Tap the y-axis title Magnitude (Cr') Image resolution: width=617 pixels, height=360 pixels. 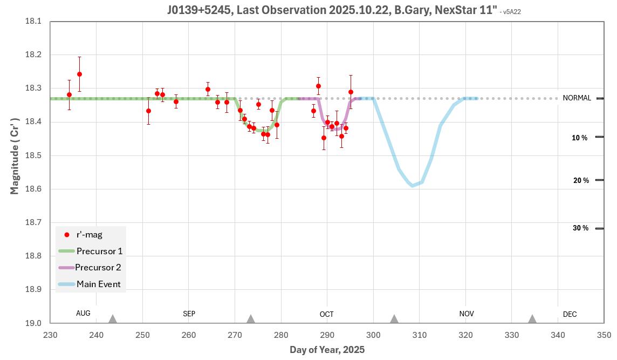pyautogui.click(x=15, y=155)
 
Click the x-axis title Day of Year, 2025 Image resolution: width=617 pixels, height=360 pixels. pyautogui.click(x=327, y=350)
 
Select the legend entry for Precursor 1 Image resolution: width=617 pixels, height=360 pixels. pyautogui.click(x=99, y=251)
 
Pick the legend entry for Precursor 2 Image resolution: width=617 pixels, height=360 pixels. pyautogui.click(x=98, y=267)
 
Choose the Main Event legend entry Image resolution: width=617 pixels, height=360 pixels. pyautogui.click(x=98, y=284)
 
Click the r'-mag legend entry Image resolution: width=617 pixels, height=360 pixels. pyautogui.click(x=89, y=234)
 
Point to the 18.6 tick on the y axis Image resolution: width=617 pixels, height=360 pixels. pyautogui.click(x=33, y=189)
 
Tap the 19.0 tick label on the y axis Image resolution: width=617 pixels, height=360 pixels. pyautogui.click(x=33, y=323)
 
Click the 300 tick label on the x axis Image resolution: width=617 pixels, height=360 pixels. pyautogui.click(x=373, y=335)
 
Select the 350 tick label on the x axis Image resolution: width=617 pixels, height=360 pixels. pyautogui.click(x=604, y=335)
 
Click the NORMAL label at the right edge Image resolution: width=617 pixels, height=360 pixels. pyautogui.click(x=577, y=98)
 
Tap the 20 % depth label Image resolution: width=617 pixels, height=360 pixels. pyautogui.click(x=581, y=180)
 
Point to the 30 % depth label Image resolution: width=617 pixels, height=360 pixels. pyautogui.click(x=580, y=228)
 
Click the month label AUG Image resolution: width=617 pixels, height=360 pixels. pyautogui.click(x=83, y=313)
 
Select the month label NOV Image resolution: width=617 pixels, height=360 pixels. pyautogui.click(x=467, y=314)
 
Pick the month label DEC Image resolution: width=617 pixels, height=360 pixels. pyautogui.click(x=570, y=314)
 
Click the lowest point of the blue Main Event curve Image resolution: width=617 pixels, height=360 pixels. pyautogui.click(x=413, y=186)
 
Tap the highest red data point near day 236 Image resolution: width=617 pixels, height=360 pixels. pyautogui.click(x=79, y=74)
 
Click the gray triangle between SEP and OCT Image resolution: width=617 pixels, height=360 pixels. pyautogui.click(x=250, y=318)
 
